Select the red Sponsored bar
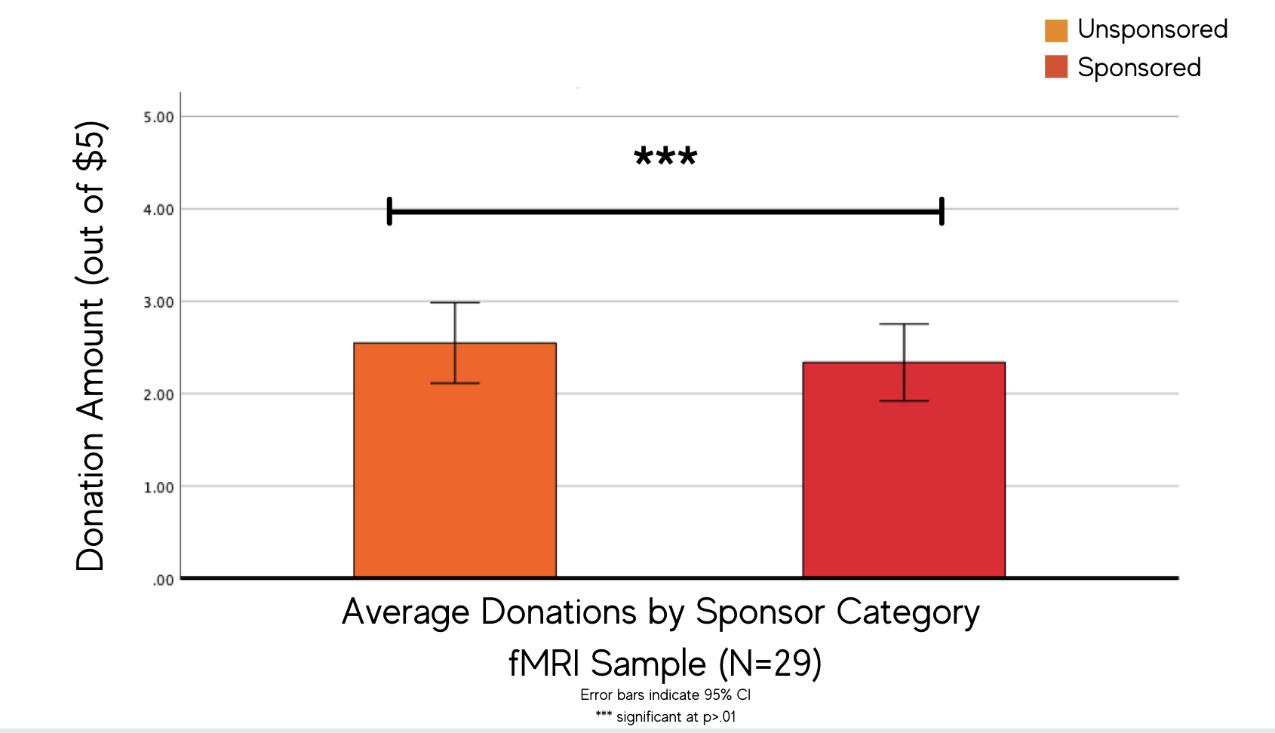tap(904, 483)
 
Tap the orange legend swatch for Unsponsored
tap(1055, 30)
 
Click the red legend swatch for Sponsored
tap(1055, 67)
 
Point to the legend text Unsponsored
tap(1152, 29)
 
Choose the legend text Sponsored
tap(1138, 68)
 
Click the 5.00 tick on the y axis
tap(158, 118)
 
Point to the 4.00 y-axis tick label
tap(158, 210)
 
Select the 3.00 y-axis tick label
tap(158, 302)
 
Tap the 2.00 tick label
tap(158, 395)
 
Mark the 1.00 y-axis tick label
tap(158, 488)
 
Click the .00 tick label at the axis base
tap(163, 580)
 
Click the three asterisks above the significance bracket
tap(665, 157)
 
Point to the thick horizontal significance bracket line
tap(665, 212)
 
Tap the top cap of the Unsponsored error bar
tap(455, 302)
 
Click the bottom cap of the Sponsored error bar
tap(904, 400)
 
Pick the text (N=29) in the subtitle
tap(770, 664)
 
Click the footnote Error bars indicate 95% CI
tap(665, 695)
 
